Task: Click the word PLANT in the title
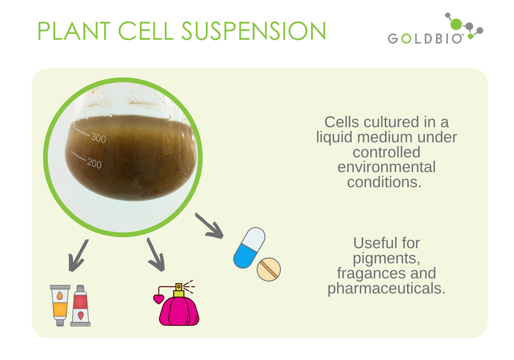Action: [x=73, y=31]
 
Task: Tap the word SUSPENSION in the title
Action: [x=254, y=31]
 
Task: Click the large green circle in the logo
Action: [x=456, y=24]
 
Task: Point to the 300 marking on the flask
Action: [x=98, y=138]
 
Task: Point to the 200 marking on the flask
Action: [x=94, y=163]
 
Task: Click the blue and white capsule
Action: [x=249, y=248]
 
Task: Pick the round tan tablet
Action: [x=269, y=269]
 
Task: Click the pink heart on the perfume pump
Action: [x=159, y=299]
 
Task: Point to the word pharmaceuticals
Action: [x=386, y=289]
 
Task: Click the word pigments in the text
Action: [x=386, y=259]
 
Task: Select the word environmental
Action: [x=386, y=167]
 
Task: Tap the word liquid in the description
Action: [x=334, y=137]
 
